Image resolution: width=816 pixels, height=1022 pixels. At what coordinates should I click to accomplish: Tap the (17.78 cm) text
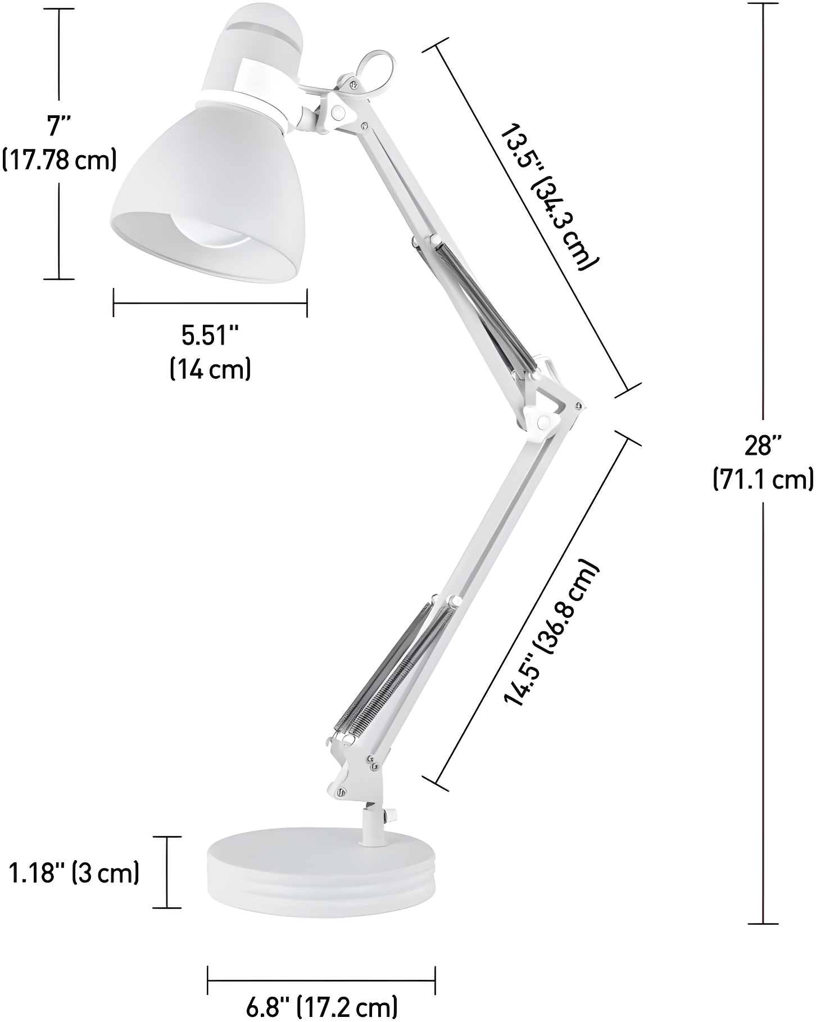click(60, 159)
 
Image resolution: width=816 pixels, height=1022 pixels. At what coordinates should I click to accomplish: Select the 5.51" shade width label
click(210, 336)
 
